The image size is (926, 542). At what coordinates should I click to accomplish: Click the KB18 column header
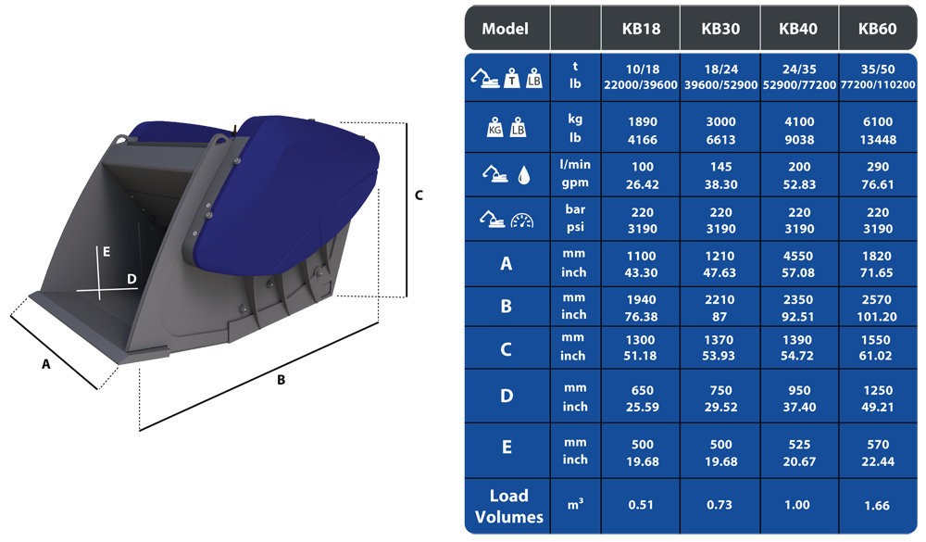coord(641,29)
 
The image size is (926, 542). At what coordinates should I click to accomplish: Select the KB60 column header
coord(877,29)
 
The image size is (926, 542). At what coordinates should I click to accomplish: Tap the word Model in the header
coord(505,29)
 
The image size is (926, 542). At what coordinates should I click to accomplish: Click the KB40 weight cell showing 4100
coord(799,121)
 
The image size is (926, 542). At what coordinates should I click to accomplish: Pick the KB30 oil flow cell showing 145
coord(720,168)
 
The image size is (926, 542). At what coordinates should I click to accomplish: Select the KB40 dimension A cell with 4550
coord(798,257)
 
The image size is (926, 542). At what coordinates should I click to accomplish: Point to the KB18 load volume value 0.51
coord(641,505)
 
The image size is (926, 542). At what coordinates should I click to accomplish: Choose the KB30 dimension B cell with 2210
coord(720,299)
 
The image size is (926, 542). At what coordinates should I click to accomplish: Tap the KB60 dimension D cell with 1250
coord(877,391)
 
